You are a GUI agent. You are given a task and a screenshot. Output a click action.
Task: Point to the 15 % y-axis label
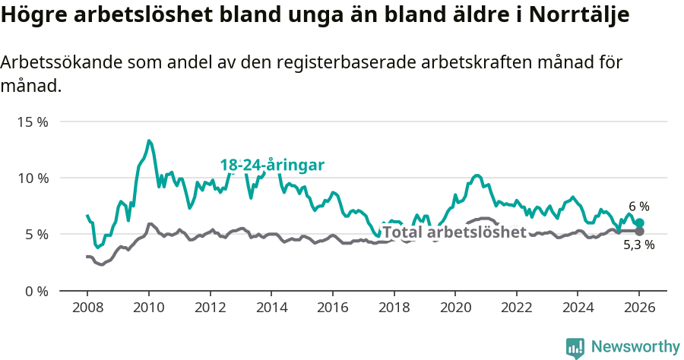point(32,122)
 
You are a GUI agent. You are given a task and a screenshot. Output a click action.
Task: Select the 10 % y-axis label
point(32,178)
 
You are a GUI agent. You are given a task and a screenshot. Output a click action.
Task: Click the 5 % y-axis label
point(35,235)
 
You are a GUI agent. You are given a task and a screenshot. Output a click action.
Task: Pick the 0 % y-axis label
point(35,291)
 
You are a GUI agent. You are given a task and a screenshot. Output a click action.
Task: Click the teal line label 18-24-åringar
point(272,166)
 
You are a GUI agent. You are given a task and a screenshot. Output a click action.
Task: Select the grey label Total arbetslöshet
point(454,232)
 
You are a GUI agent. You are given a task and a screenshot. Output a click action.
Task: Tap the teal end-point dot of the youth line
point(639,223)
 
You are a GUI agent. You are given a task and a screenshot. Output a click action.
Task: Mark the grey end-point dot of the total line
point(639,231)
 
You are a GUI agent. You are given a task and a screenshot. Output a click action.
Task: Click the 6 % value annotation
point(638,207)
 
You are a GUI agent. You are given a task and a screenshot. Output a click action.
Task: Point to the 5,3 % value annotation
point(638,245)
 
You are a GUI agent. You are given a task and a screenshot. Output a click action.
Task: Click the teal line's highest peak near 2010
point(149,141)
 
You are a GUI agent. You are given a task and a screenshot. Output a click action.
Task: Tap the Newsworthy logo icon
point(575,347)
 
